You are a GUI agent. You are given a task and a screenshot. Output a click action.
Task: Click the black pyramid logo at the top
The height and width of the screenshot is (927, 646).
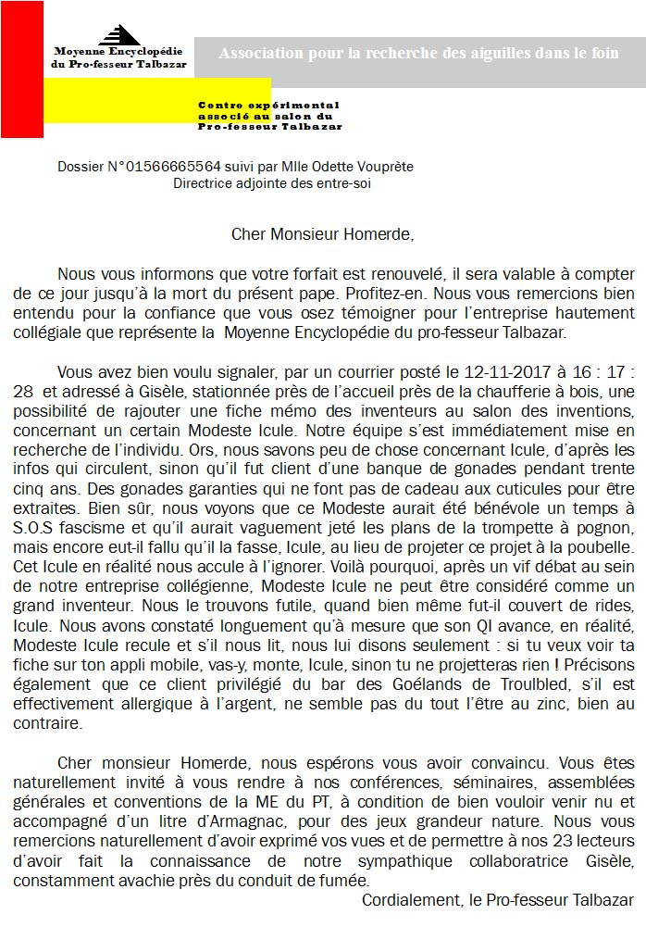tap(119, 34)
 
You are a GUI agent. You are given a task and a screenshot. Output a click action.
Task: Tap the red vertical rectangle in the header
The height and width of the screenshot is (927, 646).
tap(21, 69)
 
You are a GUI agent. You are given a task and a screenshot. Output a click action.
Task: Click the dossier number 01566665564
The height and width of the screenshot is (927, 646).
tap(174, 167)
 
